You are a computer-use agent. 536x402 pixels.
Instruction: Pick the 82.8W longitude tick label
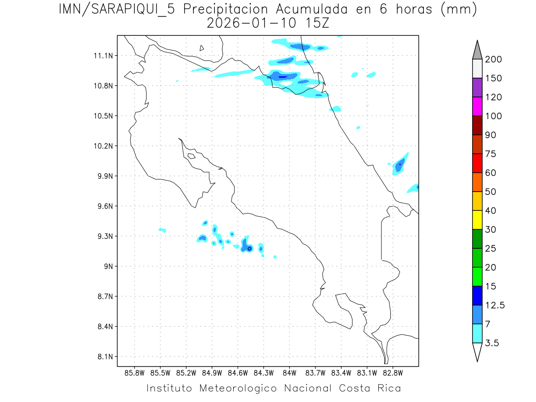click(393, 373)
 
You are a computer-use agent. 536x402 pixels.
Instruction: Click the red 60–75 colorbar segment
click(477, 163)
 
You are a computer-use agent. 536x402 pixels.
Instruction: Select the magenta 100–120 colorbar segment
click(477, 106)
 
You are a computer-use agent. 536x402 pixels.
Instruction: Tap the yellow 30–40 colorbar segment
click(477, 220)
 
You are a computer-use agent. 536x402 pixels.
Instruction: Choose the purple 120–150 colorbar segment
click(477, 88)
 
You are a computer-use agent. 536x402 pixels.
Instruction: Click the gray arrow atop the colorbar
click(477, 50)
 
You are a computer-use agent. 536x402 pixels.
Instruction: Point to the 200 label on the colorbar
click(494, 59)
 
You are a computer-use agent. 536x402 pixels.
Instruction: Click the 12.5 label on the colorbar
click(495, 305)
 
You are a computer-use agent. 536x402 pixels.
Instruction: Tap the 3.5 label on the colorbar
click(493, 343)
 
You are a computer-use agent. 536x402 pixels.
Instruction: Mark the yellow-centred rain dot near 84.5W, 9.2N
click(249, 248)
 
